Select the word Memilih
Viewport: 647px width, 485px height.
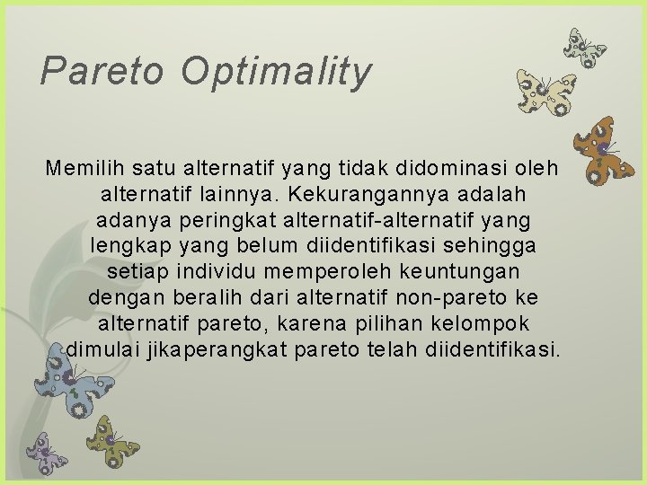click(86, 167)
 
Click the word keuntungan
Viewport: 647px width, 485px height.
click(470, 270)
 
